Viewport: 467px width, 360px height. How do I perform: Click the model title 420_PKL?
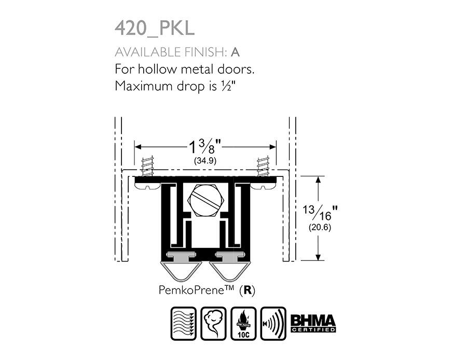pos(154,29)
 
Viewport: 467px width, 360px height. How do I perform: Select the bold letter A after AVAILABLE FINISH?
pos(235,52)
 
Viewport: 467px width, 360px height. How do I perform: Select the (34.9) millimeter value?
pos(205,161)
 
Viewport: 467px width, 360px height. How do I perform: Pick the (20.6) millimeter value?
pos(320,227)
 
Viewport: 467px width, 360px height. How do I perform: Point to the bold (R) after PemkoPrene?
pos(248,290)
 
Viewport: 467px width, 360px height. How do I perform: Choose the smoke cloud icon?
pos(213,323)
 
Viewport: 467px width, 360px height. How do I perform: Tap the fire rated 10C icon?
pos(243,323)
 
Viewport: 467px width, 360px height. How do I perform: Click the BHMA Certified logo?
pos(313,323)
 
